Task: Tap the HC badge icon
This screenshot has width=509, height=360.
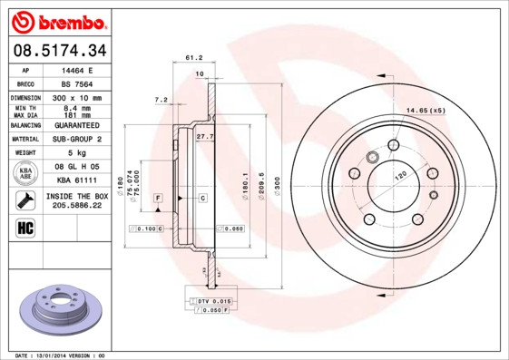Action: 26,228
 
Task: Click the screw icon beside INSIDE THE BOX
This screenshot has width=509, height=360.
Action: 26,200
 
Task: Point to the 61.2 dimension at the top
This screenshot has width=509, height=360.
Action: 192,57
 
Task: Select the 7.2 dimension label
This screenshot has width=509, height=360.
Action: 162,99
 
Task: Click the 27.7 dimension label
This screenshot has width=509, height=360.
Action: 204,136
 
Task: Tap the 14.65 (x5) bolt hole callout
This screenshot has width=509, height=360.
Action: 426,111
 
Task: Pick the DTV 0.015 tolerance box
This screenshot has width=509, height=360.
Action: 215,300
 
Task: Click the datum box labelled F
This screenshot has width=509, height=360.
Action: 157,197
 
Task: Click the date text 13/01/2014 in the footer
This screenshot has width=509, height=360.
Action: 60,355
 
